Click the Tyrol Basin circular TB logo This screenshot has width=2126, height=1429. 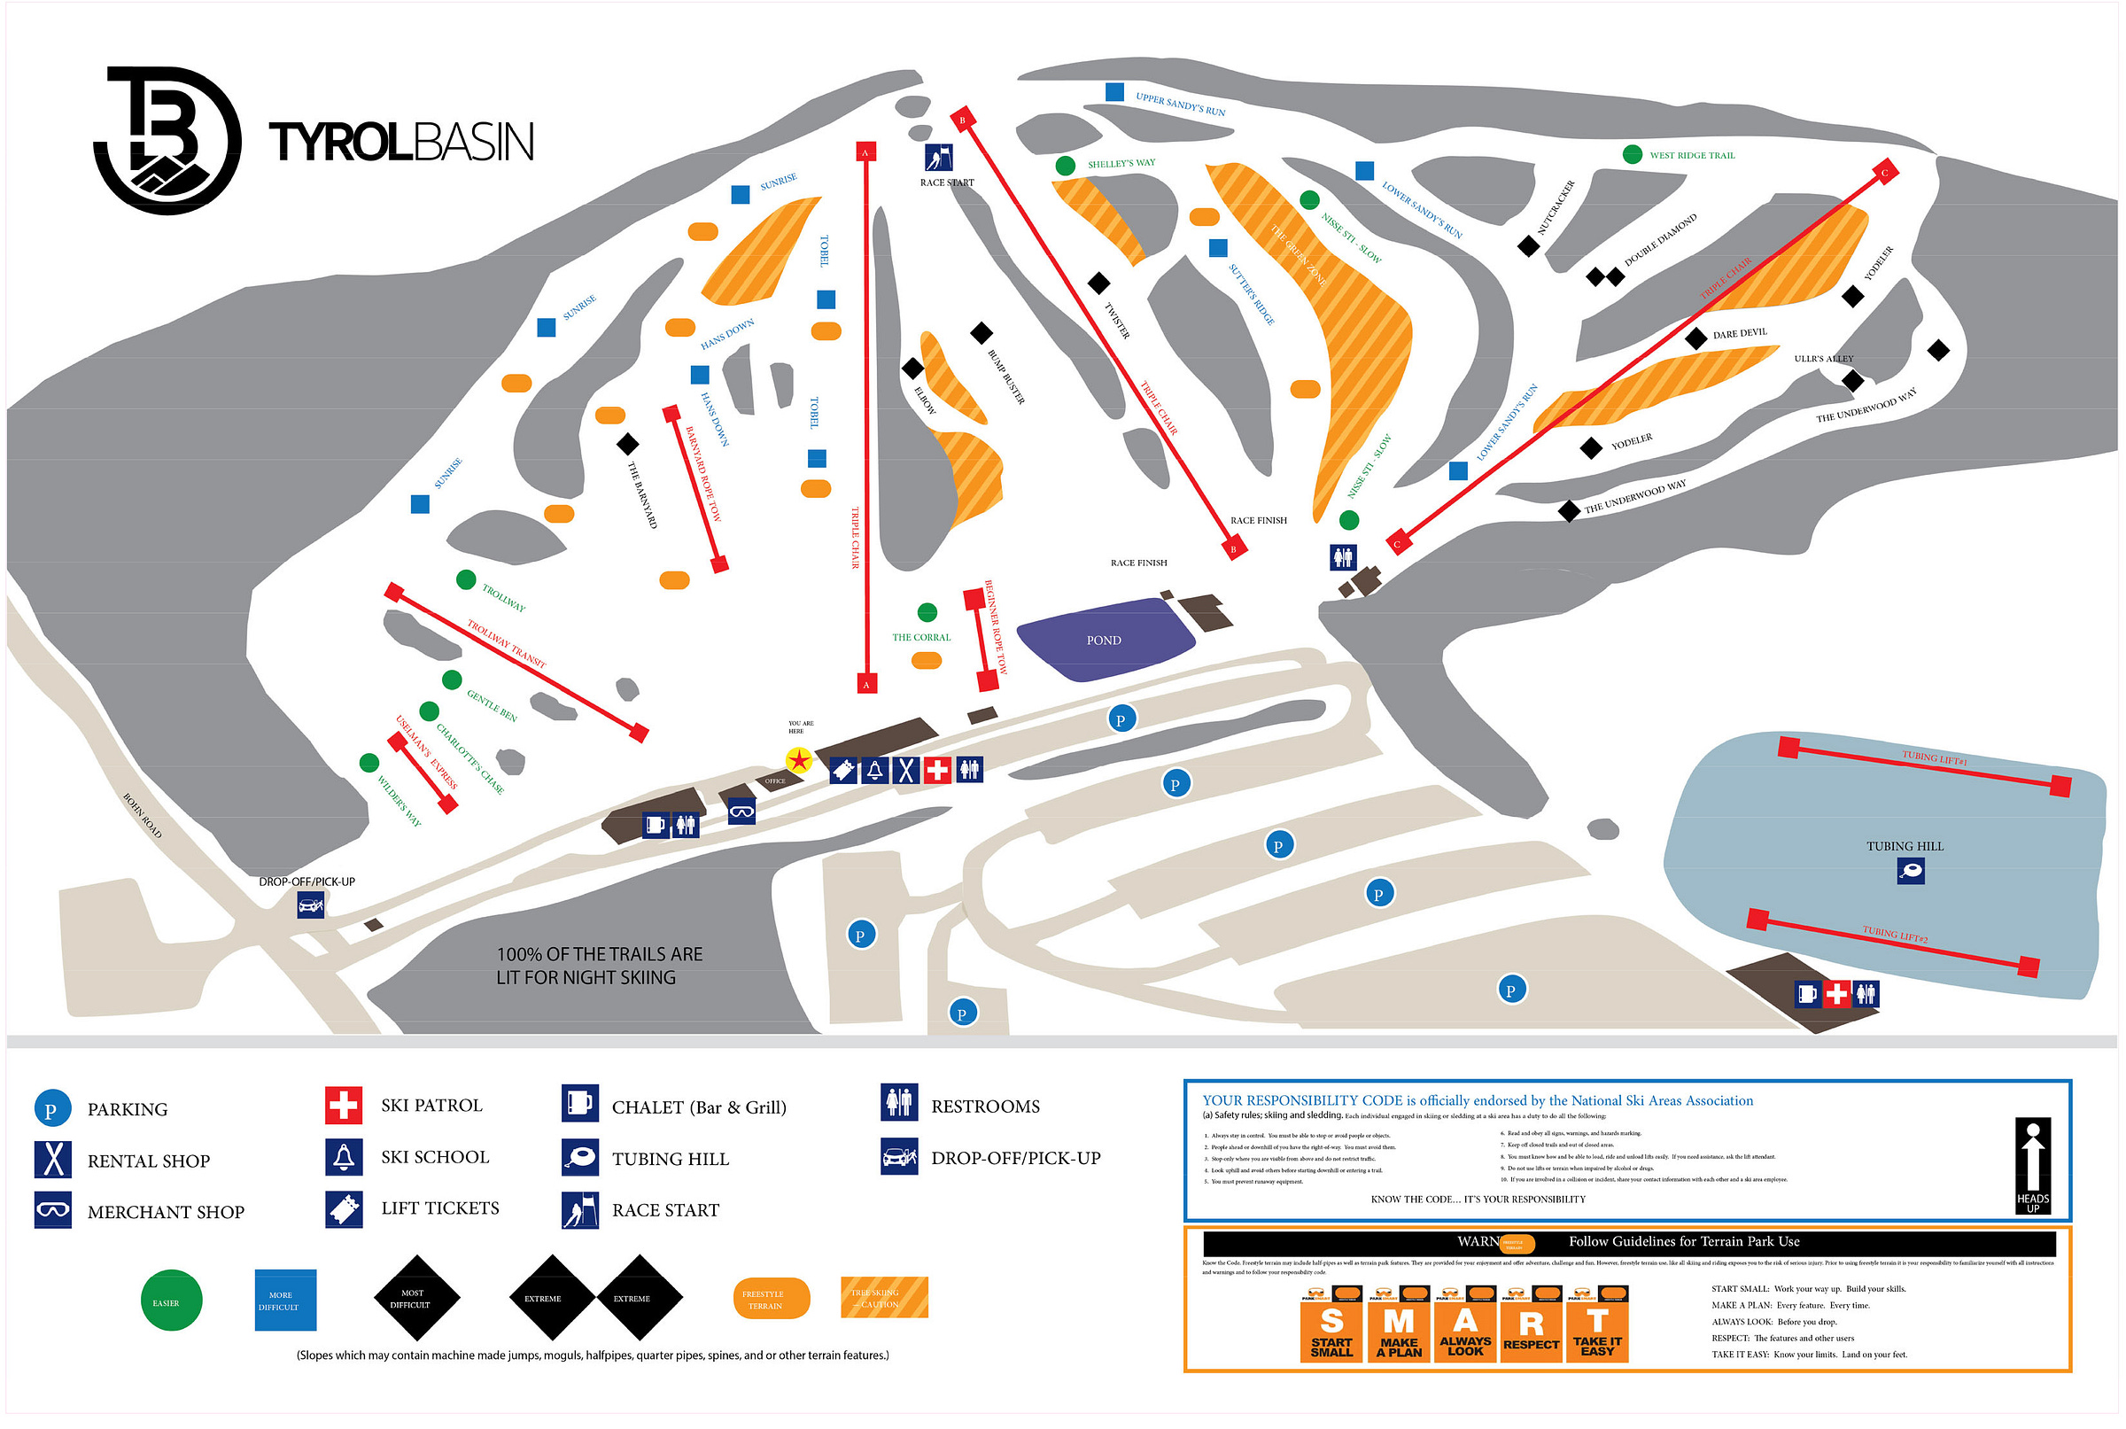click(x=167, y=140)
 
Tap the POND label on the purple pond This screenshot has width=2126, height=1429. click(x=1104, y=641)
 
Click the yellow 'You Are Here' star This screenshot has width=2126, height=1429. click(x=799, y=760)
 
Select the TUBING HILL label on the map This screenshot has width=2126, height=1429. click(x=1905, y=847)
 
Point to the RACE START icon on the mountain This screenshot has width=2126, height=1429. click(x=939, y=158)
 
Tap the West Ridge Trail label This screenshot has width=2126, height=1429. click(x=1692, y=156)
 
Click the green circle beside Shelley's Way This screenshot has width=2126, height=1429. click(x=1066, y=166)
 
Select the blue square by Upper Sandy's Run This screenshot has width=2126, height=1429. click(x=1114, y=92)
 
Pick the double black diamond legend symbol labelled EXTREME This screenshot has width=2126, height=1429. click(x=596, y=1299)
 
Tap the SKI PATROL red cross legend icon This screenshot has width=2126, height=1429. click(x=344, y=1107)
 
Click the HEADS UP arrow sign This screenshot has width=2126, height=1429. click(x=2033, y=1166)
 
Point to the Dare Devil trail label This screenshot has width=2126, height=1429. click(x=1740, y=334)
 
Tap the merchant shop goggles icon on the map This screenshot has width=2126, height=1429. click(x=741, y=811)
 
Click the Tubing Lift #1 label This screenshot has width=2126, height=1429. click(x=1935, y=758)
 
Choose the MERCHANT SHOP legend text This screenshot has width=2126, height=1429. click(x=166, y=1213)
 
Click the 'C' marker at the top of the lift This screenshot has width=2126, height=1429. click(x=1884, y=171)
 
